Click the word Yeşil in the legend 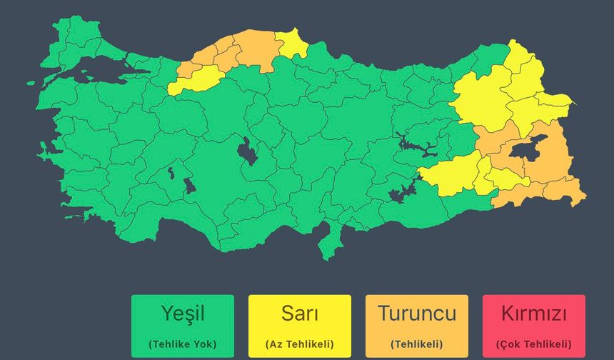click(x=183, y=314)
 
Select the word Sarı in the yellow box click(x=300, y=314)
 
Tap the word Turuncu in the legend click(x=417, y=314)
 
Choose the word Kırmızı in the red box click(x=534, y=314)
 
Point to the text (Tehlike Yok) click(x=183, y=344)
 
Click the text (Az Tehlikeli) click(x=300, y=344)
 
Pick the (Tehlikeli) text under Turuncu click(x=417, y=344)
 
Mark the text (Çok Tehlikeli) click(x=534, y=344)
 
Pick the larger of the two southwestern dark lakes click(x=189, y=186)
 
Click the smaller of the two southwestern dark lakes click(x=171, y=172)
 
